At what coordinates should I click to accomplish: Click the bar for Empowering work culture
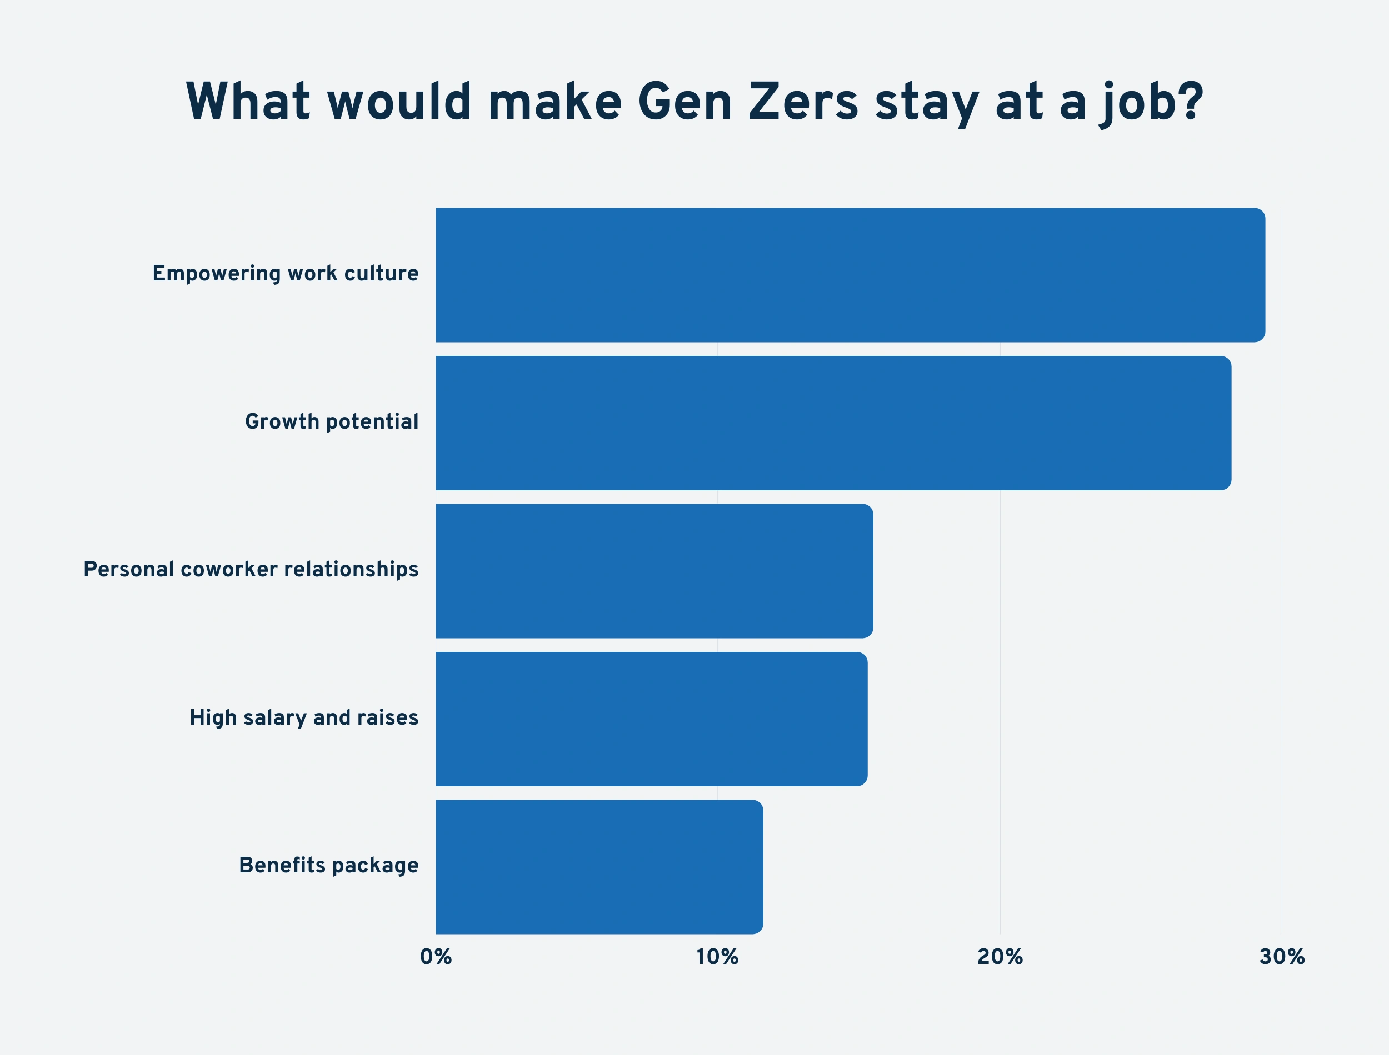[x=850, y=275]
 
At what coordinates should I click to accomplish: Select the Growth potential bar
[x=833, y=423]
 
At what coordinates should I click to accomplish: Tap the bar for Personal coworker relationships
[x=654, y=571]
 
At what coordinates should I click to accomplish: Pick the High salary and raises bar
[x=652, y=719]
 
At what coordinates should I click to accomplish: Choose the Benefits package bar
[x=599, y=867]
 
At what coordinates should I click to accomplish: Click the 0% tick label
[x=436, y=957]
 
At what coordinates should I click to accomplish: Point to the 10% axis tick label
[x=717, y=957]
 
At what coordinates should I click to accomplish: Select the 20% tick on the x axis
[x=1000, y=957]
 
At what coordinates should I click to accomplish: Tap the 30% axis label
[x=1282, y=957]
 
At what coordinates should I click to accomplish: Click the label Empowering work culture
[x=285, y=274]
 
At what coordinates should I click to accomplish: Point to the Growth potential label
[x=332, y=421]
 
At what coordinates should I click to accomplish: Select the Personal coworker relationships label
[x=251, y=570]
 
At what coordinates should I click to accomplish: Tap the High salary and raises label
[x=304, y=717]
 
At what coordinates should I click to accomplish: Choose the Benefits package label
[x=328, y=865]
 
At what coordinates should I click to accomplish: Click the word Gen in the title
[x=684, y=101]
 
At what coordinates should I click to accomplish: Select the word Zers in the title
[x=803, y=101]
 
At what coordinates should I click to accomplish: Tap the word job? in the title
[x=1151, y=104]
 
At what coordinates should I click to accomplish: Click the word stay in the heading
[x=927, y=104]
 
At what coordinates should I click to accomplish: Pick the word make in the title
[x=554, y=101]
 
